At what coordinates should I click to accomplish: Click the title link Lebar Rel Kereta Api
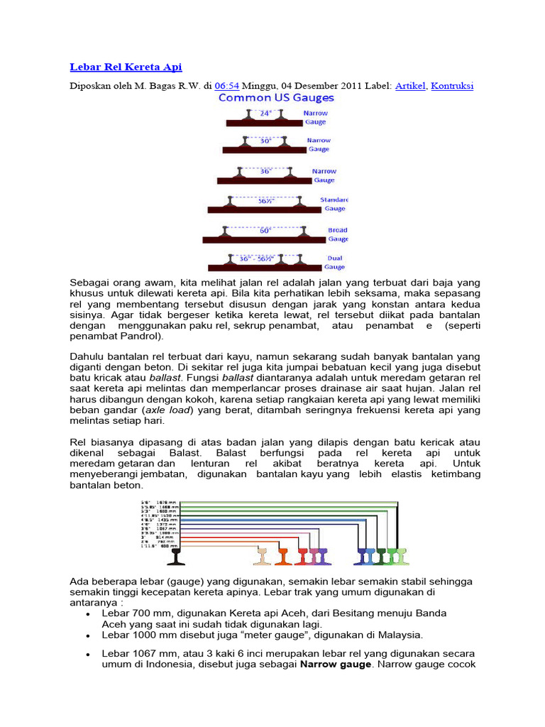tap(126, 67)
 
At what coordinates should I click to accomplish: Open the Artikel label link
tap(410, 86)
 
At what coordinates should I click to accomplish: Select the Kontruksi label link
tap(453, 86)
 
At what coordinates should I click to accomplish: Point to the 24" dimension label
tap(265, 112)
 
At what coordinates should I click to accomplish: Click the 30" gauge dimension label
tap(265, 141)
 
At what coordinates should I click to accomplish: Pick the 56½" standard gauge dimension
tap(265, 200)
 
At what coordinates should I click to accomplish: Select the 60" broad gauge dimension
tap(265, 230)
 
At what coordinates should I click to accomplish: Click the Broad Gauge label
tap(336, 234)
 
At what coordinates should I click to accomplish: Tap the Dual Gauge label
tap(335, 263)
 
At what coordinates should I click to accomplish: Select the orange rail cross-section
tap(282, 555)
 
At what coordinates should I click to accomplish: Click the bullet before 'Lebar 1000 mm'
tap(87, 635)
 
